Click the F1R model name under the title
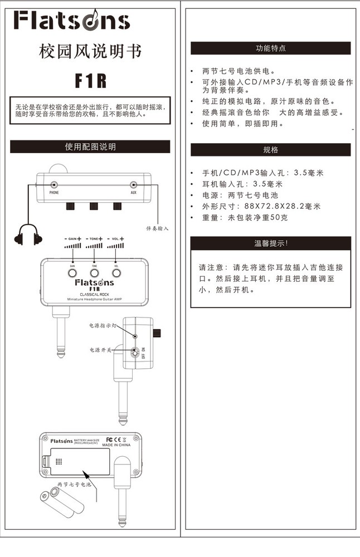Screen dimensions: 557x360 [90, 81]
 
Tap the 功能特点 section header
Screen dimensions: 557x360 [271, 48]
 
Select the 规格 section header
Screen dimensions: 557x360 [271, 150]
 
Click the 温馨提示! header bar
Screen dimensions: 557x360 [271, 243]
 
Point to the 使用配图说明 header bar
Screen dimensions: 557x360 [90, 147]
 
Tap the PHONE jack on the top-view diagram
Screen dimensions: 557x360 [54, 185]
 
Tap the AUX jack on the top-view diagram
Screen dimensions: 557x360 [134, 185]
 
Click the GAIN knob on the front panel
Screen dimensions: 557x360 [72, 273]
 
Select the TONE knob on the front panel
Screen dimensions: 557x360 [94, 273]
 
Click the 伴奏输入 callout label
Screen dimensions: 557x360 [157, 228]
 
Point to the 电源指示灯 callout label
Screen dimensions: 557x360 [104, 325]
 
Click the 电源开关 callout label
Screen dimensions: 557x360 [101, 350]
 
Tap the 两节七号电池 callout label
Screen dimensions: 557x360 [74, 485]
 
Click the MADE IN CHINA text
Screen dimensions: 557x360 [116, 446]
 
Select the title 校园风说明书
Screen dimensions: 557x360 [90, 52]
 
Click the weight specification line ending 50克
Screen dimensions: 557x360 [245, 217]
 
